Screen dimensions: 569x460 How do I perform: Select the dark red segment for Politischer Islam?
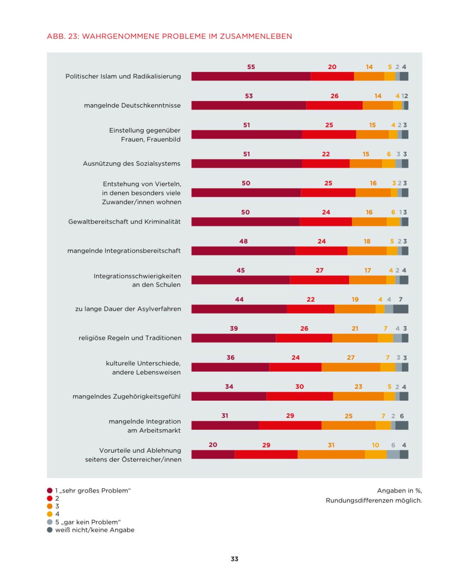251,76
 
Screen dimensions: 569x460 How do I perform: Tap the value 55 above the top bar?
251,67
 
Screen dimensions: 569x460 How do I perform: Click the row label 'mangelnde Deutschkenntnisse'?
132,105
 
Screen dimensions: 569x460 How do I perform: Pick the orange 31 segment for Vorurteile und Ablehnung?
331,454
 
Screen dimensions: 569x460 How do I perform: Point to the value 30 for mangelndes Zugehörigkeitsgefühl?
299,386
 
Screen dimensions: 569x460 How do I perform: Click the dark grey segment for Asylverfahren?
400,309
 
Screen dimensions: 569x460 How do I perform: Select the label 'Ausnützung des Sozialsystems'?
131,163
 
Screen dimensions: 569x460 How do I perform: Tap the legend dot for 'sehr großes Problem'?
50,490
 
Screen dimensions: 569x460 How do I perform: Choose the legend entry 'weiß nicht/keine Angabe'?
94,530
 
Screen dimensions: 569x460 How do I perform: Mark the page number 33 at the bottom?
234,559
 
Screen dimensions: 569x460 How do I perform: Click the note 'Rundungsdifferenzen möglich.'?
373,500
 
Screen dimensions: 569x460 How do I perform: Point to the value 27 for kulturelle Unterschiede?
350,357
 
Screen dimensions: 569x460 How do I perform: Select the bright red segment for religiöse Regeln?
304,338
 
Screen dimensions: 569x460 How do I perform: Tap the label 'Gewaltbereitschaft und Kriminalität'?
124,221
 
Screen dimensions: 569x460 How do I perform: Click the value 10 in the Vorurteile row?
375,445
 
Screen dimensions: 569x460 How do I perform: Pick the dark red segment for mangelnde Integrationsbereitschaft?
243,251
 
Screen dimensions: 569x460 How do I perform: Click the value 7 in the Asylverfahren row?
400,299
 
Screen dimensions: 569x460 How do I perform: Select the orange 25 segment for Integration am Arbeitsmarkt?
348,425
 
